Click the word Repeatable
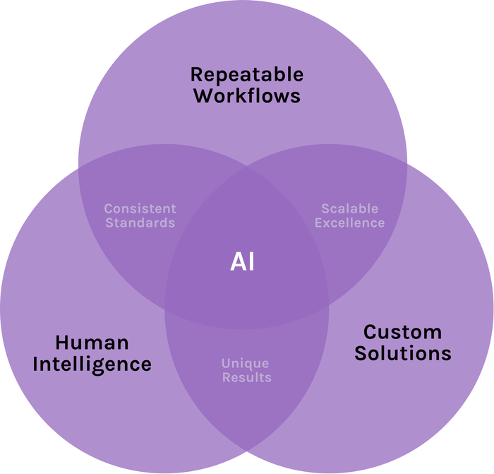coord(247,76)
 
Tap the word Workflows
coord(247,95)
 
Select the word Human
coord(92,343)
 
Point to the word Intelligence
coord(92,365)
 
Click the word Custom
coord(403,332)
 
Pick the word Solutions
coord(403,353)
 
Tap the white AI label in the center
coord(242,262)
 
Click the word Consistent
coord(140,209)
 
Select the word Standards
coord(140,223)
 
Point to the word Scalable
coord(350,209)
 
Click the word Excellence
coord(350,223)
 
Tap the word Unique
coord(245,364)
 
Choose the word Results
coord(247,377)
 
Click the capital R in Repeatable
coord(197,74)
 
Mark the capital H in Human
coord(62,343)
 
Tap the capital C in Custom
coord(370,332)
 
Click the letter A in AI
coord(238,262)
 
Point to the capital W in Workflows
coord(205,95)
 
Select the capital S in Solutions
coord(361,353)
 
